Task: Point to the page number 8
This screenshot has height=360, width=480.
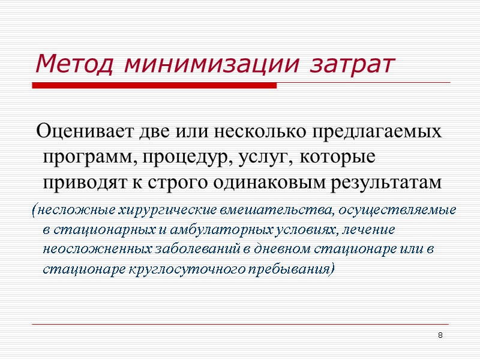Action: tap(440, 335)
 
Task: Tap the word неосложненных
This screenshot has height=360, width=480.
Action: tap(92, 249)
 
